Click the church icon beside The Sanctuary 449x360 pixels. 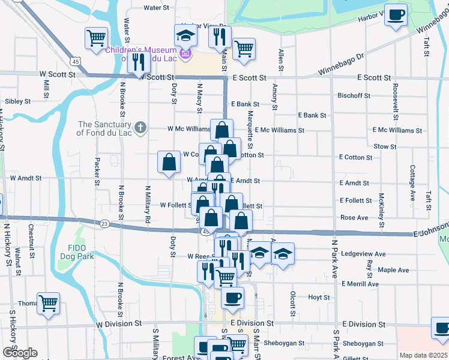[140, 127]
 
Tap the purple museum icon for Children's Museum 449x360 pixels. [185, 55]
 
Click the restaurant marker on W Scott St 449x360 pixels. [139, 62]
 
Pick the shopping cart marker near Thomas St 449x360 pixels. [48, 302]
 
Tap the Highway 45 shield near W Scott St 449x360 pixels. [75, 61]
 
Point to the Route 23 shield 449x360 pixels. [104, 223]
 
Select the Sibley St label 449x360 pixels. [17, 101]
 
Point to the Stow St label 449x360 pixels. [385, 146]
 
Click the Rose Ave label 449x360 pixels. [354, 218]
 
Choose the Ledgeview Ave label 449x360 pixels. [366, 254]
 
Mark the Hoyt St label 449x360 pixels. [319, 297]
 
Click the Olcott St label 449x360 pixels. [292, 304]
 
